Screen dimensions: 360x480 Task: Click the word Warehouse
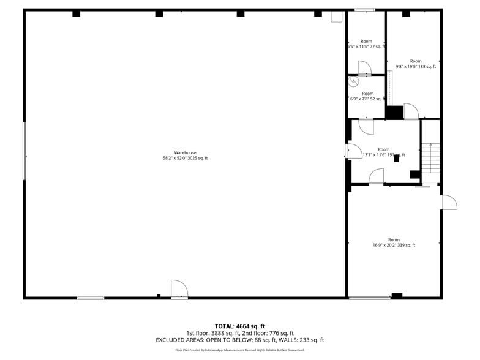coord(185,152)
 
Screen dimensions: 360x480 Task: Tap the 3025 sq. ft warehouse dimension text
coord(185,158)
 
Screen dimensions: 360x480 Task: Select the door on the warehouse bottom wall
coord(179,290)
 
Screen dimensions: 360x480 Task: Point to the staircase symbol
coord(432,158)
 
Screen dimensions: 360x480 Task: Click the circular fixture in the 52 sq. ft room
coord(353,81)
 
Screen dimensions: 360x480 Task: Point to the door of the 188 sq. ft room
coord(410,111)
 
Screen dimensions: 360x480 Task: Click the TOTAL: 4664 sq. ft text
coord(239,326)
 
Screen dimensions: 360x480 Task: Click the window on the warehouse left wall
coord(24,151)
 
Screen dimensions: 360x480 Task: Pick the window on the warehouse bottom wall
coord(91,298)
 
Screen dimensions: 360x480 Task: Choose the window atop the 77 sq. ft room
coord(365,10)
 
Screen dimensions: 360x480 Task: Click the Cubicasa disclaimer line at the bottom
coord(239,350)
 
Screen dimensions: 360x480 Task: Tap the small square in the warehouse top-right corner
coord(337,17)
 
